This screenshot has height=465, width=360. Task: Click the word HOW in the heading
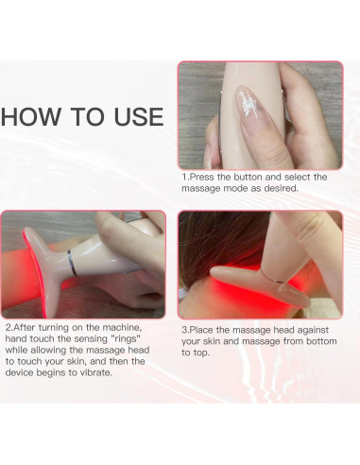pyautogui.click(x=30, y=117)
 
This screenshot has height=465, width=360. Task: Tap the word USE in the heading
pyautogui.click(x=139, y=117)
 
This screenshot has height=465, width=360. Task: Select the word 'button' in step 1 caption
pyautogui.click(x=248, y=177)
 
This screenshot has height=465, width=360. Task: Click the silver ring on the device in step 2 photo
pyautogui.click(x=72, y=263)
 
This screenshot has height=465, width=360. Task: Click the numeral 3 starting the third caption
pyautogui.click(x=184, y=330)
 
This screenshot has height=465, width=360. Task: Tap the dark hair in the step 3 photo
pyautogui.click(x=220, y=239)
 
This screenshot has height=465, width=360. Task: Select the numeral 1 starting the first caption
pyautogui.click(x=184, y=177)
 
